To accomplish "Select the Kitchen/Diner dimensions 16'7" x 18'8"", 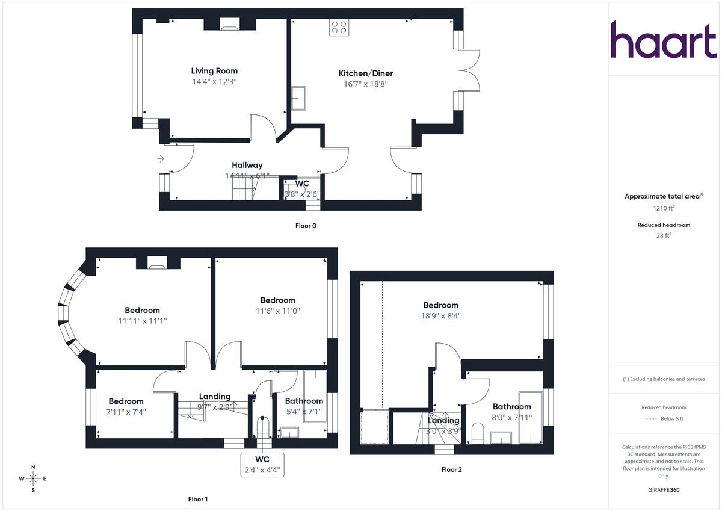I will tap(366, 84).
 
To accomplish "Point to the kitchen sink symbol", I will tap(299, 98).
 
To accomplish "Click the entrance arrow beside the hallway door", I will tap(161, 159).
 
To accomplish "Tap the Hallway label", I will tap(247, 165).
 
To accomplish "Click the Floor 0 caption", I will tap(306, 226).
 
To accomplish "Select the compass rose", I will tap(33, 478).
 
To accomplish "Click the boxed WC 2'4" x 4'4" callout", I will tap(261, 464).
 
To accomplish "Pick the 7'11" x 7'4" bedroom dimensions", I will tap(127, 412).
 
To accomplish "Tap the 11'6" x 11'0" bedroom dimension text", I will tap(277, 311).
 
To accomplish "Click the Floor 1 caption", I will tap(198, 499).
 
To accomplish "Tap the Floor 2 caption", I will tap(451, 469).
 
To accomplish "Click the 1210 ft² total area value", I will tap(664, 208).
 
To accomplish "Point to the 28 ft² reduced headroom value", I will tap(664, 236).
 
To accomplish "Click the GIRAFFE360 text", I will tap(664, 490).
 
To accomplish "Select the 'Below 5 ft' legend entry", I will tap(672, 418).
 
